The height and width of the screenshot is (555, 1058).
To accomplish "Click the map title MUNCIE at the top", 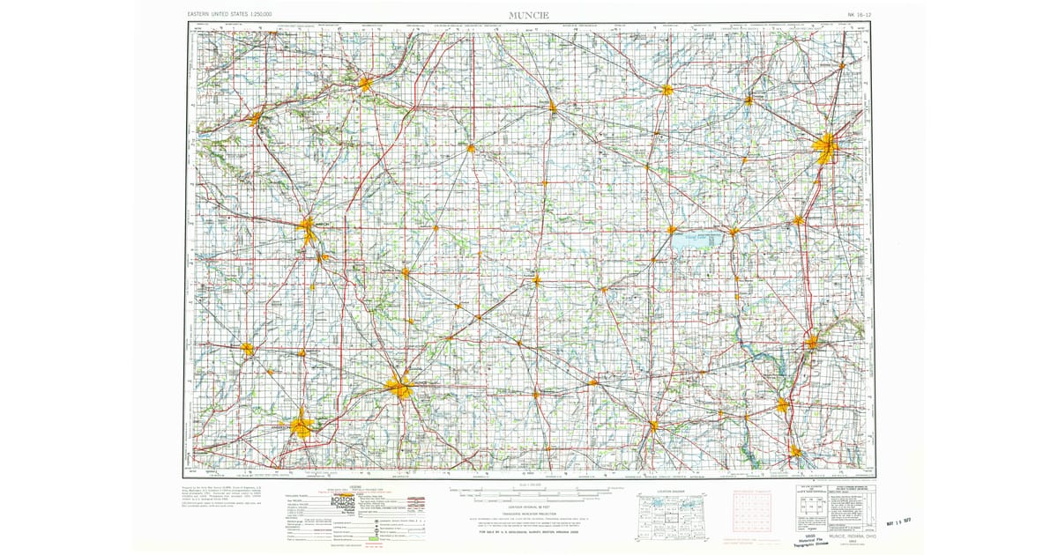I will coord(528,15).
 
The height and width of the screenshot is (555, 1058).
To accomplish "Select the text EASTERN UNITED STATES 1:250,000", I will coord(231,16).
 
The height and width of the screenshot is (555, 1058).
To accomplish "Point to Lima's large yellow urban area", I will coord(826,146).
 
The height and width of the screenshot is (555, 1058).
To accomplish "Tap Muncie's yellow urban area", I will coord(401,386).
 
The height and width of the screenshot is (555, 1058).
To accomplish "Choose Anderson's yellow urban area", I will coord(301,427).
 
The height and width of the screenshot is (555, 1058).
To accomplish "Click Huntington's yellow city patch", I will coord(366,84).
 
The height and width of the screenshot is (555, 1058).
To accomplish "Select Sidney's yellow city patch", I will coord(811,341).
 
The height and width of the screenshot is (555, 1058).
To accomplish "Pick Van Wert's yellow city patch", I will coord(667,89).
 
